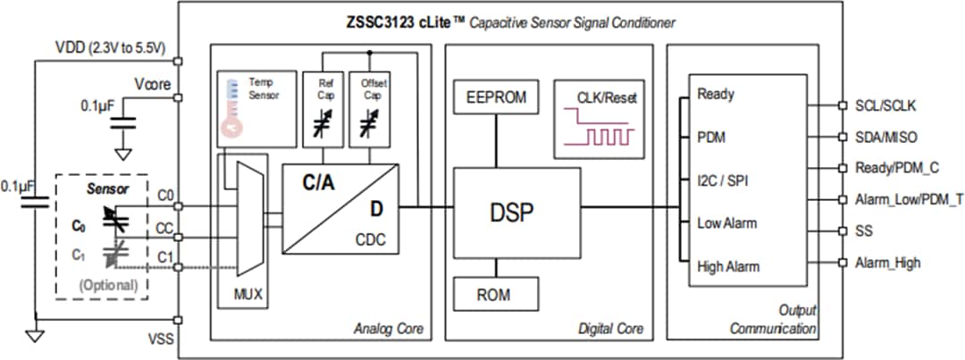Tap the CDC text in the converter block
point(370,239)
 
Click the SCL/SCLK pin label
point(885,106)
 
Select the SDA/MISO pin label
point(885,138)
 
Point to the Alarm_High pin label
point(887,263)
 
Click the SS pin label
point(864,231)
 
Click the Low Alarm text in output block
point(726,222)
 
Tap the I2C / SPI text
point(723,180)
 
